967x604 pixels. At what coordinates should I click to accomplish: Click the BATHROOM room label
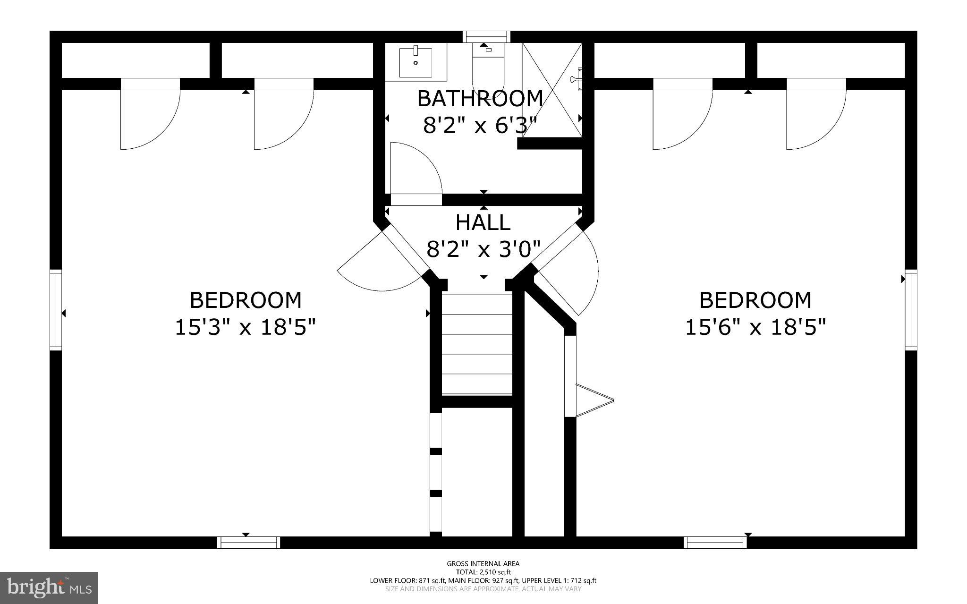480,99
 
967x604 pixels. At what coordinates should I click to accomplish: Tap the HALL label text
483,222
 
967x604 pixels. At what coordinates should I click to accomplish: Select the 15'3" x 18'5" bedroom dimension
245,327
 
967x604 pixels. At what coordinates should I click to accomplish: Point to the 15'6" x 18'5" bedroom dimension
755,327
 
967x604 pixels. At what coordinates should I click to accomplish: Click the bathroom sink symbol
416,62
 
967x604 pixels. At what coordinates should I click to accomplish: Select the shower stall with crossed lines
551,90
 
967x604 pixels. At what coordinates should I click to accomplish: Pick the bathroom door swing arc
416,170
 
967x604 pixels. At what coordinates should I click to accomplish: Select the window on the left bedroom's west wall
56,310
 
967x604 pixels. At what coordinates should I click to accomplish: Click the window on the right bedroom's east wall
911,310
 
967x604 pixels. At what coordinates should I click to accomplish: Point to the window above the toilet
486,36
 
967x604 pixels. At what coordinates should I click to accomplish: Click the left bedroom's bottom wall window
248,542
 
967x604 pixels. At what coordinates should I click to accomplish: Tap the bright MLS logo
49,587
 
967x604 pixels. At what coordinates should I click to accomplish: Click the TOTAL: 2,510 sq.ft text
483,572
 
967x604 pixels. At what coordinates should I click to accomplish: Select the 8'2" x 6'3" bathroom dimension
480,126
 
